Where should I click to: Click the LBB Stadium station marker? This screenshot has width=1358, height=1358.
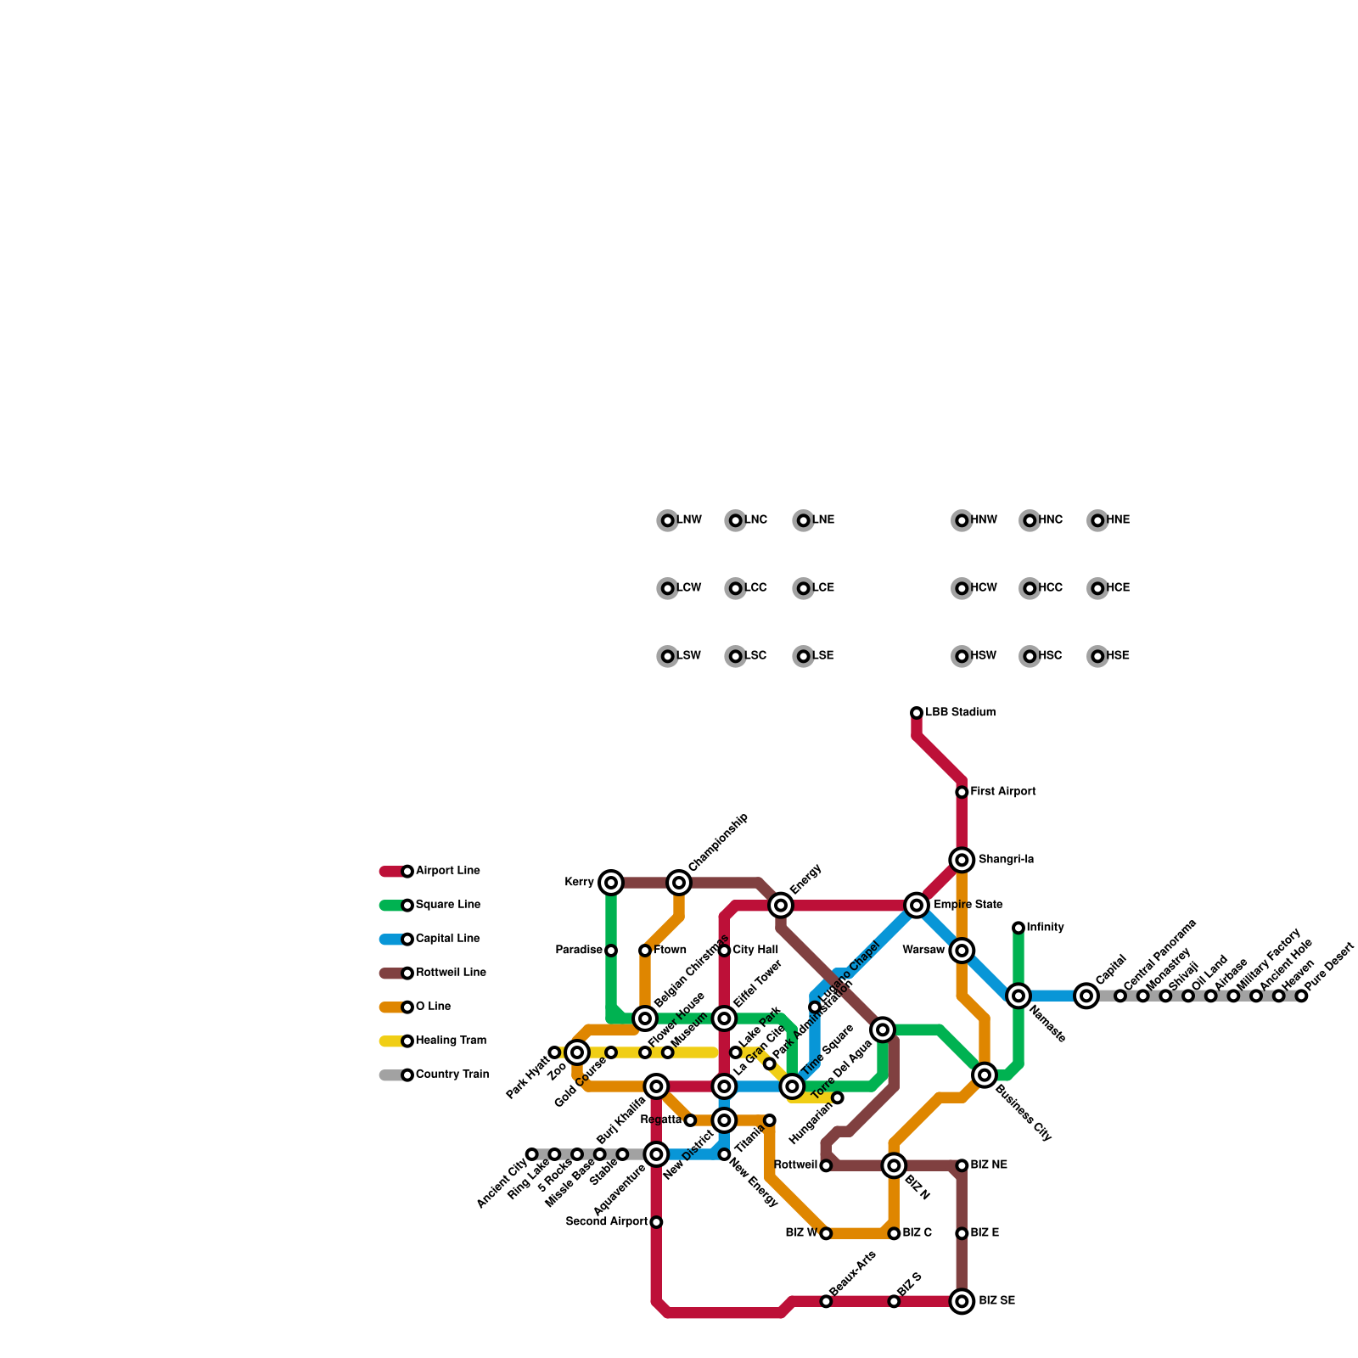click(x=917, y=713)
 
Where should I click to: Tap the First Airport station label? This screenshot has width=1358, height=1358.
click(x=1003, y=792)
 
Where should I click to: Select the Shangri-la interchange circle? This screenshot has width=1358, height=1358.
click(x=962, y=861)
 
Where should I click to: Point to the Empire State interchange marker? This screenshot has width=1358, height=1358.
click(x=917, y=906)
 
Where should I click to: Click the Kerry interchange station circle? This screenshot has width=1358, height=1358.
click(x=611, y=883)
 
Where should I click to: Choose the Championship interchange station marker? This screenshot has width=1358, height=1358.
click(x=679, y=883)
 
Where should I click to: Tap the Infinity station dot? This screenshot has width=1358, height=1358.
click(x=1018, y=928)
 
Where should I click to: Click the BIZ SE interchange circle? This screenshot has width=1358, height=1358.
click(x=962, y=1301)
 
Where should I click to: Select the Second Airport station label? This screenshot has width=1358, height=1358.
click(x=606, y=1222)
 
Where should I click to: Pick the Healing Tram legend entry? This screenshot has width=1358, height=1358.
click(x=450, y=1041)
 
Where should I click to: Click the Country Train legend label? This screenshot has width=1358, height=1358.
click(x=452, y=1075)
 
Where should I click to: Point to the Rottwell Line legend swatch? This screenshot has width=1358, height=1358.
click(x=392, y=973)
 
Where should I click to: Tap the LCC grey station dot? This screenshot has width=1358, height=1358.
click(x=736, y=588)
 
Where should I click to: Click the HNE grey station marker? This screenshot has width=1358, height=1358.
click(x=1098, y=520)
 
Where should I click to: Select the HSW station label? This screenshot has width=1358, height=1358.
click(x=984, y=656)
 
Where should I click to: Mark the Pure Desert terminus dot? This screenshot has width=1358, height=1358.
click(x=1302, y=996)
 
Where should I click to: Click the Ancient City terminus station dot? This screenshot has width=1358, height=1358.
click(x=532, y=1154)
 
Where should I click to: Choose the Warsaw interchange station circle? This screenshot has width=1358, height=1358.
click(x=962, y=951)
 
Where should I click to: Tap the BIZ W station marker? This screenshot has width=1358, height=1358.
click(x=826, y=1233)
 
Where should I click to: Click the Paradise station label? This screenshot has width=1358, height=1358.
click(x=579, y=951)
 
